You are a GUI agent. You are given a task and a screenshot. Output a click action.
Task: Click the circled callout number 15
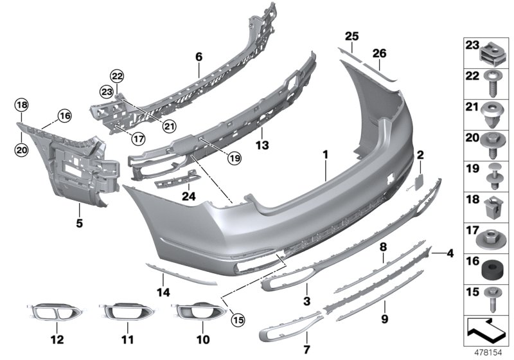[x=238, y=318]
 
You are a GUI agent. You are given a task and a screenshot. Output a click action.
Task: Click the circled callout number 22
[x=116, y=76]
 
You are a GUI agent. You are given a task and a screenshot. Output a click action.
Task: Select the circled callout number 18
[x=21, y=104]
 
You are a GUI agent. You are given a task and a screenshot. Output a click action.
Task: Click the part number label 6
[x=199, y=58]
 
